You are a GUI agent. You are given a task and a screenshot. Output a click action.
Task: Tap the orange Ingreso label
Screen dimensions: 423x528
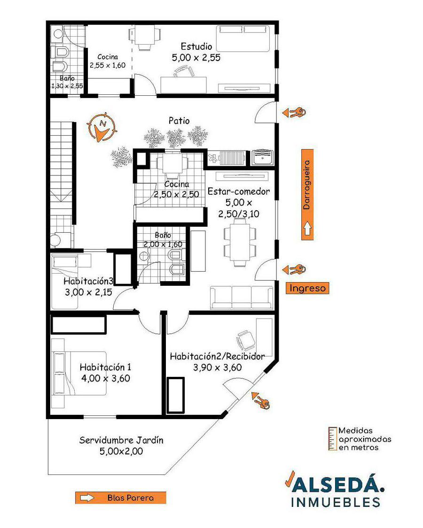pos(307,288)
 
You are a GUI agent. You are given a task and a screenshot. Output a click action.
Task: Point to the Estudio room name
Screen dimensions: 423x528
pos(196,46)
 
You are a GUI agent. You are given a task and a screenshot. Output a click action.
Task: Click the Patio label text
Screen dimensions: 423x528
pos(179,121)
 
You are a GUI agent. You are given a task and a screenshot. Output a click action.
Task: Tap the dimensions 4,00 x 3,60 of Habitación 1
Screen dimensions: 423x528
pos(106,378)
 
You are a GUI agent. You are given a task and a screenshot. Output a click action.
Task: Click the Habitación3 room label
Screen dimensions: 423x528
pos(88,281)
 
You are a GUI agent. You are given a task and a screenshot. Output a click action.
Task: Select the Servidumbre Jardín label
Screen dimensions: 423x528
pos(121,440)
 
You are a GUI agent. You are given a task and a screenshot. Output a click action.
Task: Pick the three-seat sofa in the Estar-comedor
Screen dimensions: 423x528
pos(242,298)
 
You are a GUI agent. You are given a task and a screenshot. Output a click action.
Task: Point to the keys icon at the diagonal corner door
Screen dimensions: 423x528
pos(260,400)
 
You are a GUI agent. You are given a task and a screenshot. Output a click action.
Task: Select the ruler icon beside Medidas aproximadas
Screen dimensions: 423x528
pos(333,439)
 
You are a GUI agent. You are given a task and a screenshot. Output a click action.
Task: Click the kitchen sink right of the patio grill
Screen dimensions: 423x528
pos(263,157)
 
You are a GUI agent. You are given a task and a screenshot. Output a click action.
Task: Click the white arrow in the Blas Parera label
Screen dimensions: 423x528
pos(87,497)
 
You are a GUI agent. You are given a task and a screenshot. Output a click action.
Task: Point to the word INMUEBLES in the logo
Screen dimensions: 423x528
pos(336,502)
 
